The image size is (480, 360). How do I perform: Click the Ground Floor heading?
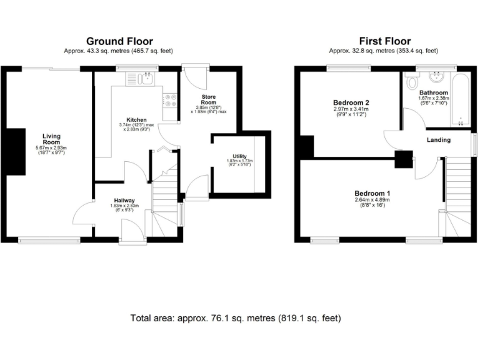click(x=119, y=41)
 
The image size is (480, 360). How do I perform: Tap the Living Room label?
click(x=51, y=139)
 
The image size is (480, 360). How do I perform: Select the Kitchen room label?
click(x=136, y=119)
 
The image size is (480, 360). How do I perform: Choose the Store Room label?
click(x=208, y=101)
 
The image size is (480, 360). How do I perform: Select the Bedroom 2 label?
click(x=351, y=102)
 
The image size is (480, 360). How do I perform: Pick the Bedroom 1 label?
click(x=372, y=193)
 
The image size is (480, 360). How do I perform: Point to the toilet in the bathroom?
click(x=412, y=81)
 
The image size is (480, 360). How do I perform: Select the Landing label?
click(x=438, y=140)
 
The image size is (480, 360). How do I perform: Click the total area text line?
click(x=236, y=318)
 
